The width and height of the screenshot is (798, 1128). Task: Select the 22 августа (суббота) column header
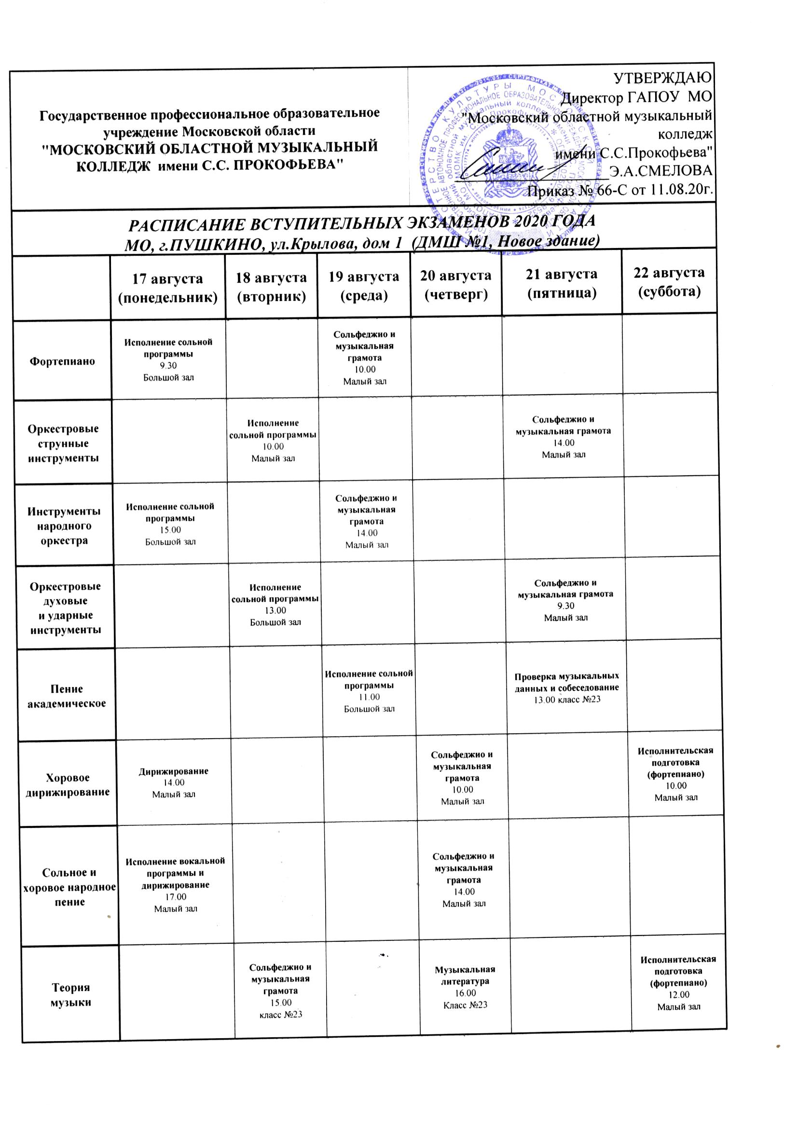pyautogui.click(x=669, y=281)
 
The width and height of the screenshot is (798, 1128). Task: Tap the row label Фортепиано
pyautogui.click(x=62, y=361)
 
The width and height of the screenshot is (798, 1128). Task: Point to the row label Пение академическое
pyautogui.click(x=66, y=696)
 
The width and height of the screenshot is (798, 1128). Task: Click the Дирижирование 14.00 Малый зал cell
pyautogui.click(x=174, y=782)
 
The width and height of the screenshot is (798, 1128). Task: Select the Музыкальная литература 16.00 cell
pyautogui.click(x=465, y=987)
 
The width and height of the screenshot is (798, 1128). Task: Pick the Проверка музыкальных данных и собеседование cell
pyautogui.click(x=566, y=688)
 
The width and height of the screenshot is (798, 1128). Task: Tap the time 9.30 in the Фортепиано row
pyautogui.click(x=168, y=366)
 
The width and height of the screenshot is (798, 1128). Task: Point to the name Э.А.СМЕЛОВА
pyautogui.click(x=660, y=170)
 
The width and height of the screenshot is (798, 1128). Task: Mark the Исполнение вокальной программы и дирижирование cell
pyautogui.click(x=176, y=885)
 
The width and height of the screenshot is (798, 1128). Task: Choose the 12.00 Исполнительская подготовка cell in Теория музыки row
pyautogui.click(x=678, y=983)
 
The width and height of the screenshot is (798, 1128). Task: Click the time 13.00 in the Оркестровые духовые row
pyautogui.click(x=275, y=610)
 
